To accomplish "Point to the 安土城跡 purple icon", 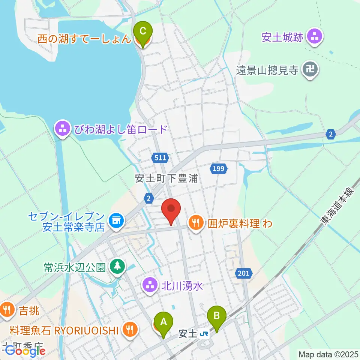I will click(x=314, y=37).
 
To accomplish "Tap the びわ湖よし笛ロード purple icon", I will click(x=62, y=129).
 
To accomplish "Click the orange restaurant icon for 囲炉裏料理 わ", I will click(x=195, y=223).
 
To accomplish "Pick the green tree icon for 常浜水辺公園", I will click(x=118, y=267).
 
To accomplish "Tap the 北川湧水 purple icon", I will click(x=151, y=286).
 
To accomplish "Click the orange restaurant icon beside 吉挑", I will click(x=7, y=310).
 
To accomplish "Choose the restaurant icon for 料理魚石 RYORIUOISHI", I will click(x=130, y=330).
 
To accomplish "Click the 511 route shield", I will click(x=160, y=158).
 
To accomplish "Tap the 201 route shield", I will click(x=243, y=274).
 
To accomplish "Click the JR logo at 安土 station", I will click(x=204, y=333).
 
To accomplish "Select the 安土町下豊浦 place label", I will click(x=166, y=178).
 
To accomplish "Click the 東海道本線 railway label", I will click(x=336, y=206).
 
